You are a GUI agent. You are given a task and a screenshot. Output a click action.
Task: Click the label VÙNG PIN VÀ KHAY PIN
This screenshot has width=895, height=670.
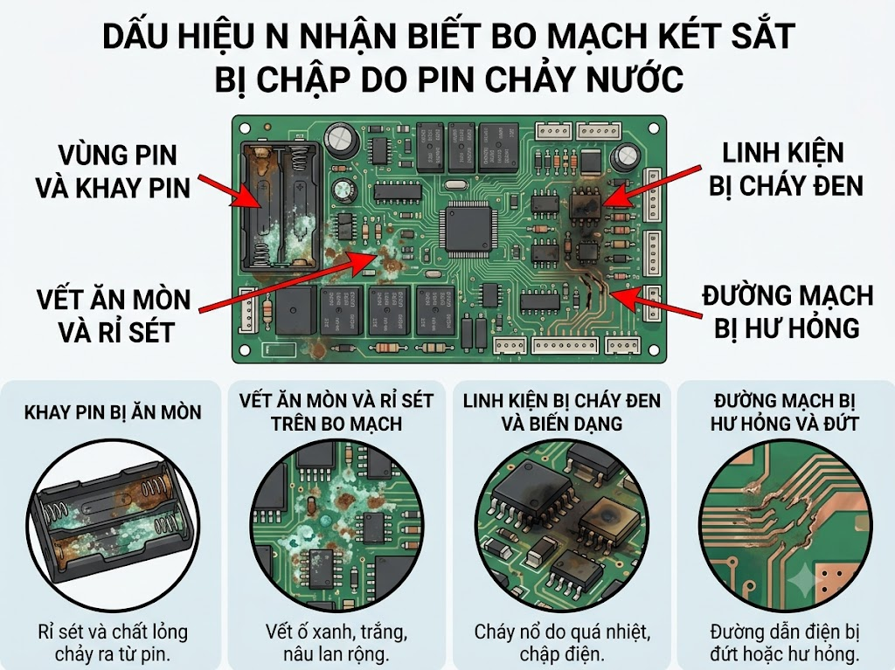click(113, 172)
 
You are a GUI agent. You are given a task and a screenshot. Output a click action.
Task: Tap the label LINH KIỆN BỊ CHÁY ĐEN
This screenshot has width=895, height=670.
click(786, 169)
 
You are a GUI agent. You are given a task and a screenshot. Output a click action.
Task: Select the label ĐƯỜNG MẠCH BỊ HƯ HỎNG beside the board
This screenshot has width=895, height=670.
click(787, 312)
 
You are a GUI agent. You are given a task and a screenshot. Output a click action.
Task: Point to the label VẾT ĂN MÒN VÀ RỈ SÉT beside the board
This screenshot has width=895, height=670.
click(113, 315)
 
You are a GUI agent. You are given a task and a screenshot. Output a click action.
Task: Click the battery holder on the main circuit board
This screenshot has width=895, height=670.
click(280, 206)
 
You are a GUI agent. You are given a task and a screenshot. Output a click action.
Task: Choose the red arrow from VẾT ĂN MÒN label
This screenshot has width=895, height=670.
click(288, 282)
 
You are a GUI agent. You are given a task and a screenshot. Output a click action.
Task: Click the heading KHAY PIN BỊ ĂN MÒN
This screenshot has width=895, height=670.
click(113, 412)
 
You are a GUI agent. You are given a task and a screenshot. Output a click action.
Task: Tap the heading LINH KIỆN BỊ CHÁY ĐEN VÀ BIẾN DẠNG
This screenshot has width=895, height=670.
click(562, 412)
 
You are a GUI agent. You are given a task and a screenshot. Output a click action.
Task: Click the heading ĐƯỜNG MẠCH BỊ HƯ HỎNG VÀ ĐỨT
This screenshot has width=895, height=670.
click(785, 412)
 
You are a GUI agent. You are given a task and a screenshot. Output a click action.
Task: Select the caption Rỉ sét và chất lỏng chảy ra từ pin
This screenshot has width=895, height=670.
click(113, 643)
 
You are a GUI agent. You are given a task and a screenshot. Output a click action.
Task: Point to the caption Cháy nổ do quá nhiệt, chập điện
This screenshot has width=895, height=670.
click(562, 643)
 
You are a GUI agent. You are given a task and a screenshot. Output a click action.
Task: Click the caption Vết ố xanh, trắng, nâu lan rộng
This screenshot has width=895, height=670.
click(336, 643)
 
